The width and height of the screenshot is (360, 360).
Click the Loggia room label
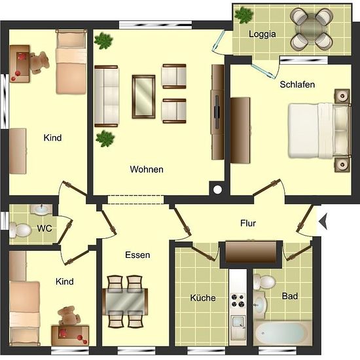pyautogui.click(x=262, y=34)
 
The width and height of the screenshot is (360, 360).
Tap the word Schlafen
pyautogui.click(x=297, y=84)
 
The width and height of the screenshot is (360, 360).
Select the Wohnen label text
pyautogui.click(x=147, y=170)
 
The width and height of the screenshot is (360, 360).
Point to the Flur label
pyautogui.click(x=248, y=223)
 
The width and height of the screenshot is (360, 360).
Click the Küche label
pyautogui.click(x=203, y=298)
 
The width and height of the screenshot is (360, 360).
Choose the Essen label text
pyautogui.click(x=137, y=255)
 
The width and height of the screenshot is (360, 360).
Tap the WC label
pyautogui.click(x=45, y=228)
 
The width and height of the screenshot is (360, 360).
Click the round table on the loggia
pyautogui.click(x=312, y=29)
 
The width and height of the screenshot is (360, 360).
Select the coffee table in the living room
pyautogui.click(x=143, y=97)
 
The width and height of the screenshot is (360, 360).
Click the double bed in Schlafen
pyautogui.click(x=319, y=131)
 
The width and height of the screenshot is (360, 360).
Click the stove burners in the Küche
pyautogui.click(x=238, y=300)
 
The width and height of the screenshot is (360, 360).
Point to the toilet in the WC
pyautogui.click(x=20, y=230)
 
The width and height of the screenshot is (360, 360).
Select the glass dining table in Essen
pyautogui.click(x=125, y=301)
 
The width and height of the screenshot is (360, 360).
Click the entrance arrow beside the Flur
pyautogui.click(x=323, y=221)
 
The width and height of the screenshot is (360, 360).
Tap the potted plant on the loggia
pyautogui.click(x=244, y=15)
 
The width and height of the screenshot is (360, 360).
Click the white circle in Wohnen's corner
pyautogui.click(x=217, y=189)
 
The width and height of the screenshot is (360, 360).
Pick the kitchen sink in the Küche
pyautogui.click(x=238, y=325)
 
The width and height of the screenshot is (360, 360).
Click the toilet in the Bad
pyautogui.click(x=264, y=282)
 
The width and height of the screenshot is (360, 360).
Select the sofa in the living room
pyautogui.click(x=107, y=96)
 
